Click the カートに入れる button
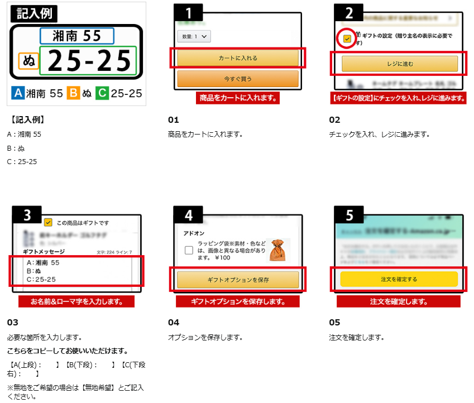237,58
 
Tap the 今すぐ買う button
237,79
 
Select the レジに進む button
400,64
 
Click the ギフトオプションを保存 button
238,280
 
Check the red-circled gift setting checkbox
347,39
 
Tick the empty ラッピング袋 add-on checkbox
189,250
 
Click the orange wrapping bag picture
280,250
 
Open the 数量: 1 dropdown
194,36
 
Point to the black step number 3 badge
32,214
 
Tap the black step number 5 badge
348,214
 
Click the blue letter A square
17,93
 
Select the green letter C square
101,93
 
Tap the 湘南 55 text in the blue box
76,36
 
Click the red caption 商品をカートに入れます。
237,98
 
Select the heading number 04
174,323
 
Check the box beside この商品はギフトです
48,222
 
